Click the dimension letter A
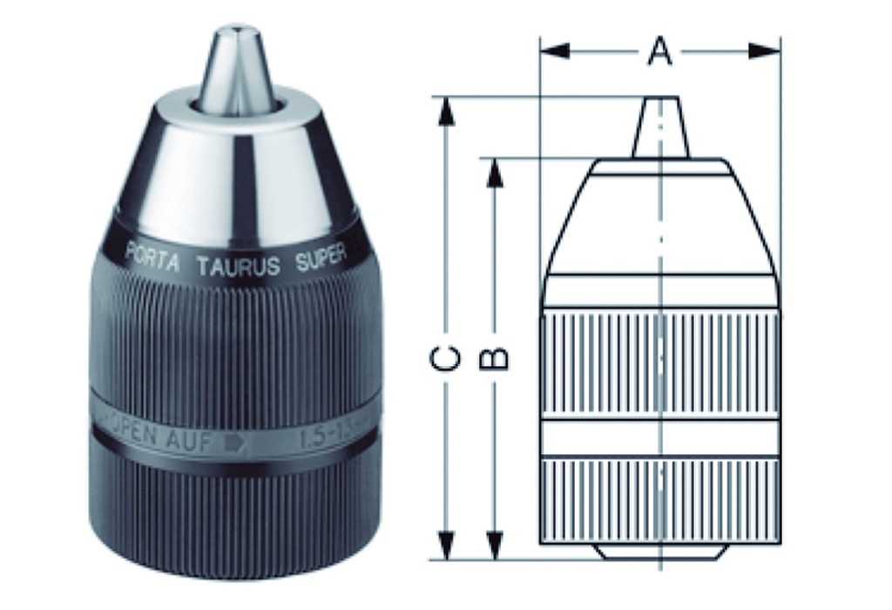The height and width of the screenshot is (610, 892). (x=660, y=52)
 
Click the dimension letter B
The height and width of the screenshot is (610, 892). (x=495, y=358)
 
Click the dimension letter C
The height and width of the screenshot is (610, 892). (x=446, y=358)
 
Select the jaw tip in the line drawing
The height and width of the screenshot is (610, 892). (x=660, y=127)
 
